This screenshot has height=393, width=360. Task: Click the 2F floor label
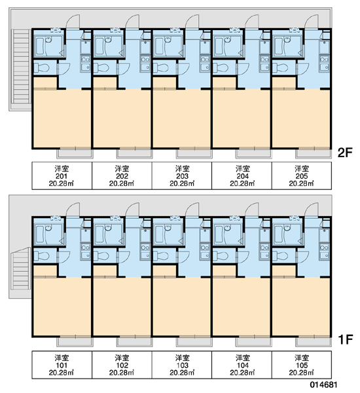pos(345,153)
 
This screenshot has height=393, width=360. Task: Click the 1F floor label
pos(346,339)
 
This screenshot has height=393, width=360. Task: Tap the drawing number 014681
pos(323,384)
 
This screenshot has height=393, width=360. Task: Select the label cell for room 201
pos(62,176)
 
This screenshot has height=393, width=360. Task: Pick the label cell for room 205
pos(302,176)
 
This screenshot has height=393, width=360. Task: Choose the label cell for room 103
pos(182,364)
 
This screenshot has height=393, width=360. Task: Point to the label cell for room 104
pos(242,364)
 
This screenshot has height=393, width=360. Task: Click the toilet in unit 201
pos(41,67)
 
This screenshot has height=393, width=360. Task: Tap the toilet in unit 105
pos(280,256)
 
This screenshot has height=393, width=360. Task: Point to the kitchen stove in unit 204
pos(264,60)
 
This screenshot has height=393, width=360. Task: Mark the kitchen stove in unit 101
pos(86,248)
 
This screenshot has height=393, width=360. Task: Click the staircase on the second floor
pos(21,67)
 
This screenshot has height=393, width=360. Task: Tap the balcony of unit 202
pos(135,153)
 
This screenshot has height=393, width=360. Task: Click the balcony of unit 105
pos(314,341)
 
